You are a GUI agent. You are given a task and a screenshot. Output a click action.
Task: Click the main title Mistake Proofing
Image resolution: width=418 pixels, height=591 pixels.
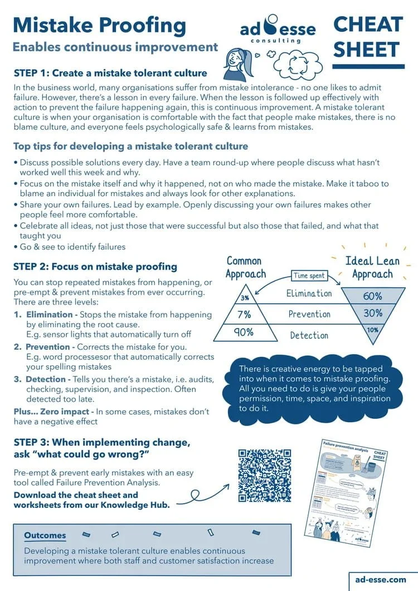99,25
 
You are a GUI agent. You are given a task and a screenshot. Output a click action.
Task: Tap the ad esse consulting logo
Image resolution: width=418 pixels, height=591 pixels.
278,29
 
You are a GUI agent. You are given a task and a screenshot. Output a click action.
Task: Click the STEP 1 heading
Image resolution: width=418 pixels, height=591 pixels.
110,73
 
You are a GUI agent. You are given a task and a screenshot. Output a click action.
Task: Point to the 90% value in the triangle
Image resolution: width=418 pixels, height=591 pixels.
244,332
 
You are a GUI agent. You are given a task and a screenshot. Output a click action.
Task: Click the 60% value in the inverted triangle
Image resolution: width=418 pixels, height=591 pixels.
372,296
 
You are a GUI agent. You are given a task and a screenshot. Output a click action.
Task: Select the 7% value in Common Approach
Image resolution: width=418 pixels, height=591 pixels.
244,314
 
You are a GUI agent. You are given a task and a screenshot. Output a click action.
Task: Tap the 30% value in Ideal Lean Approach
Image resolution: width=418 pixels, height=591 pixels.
373,313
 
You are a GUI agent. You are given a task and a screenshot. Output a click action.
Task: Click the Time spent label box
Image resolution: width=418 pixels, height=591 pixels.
309,276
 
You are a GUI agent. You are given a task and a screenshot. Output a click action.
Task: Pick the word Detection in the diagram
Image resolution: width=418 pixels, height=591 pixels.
309,335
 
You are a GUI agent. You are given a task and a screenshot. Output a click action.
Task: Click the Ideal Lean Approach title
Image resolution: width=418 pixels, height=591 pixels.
372,267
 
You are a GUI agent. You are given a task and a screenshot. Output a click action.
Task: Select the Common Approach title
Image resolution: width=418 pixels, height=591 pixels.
245,267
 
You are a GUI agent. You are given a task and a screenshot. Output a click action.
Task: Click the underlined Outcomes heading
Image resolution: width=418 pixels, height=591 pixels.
45,536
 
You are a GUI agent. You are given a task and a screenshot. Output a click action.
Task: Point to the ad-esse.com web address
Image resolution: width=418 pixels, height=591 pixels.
380,579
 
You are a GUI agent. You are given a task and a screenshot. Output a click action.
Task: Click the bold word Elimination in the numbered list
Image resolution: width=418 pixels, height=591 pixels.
49,315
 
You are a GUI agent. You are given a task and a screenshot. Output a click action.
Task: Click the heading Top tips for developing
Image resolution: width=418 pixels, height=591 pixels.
130,146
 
